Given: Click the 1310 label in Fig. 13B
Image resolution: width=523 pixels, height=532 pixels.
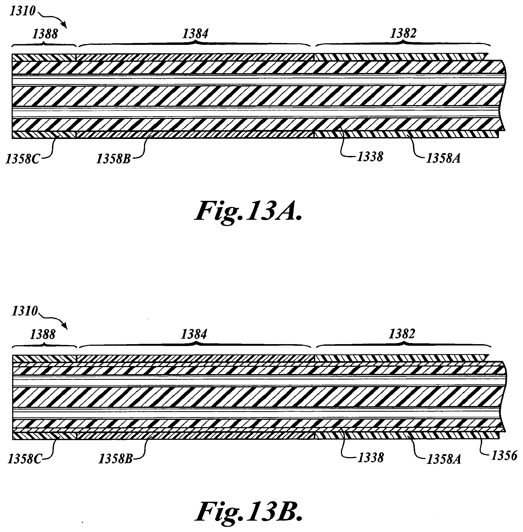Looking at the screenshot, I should (24, 311).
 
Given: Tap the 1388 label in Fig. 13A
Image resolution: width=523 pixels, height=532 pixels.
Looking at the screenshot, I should (45, 34).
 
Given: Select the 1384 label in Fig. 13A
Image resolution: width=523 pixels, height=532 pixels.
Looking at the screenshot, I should (196, 34).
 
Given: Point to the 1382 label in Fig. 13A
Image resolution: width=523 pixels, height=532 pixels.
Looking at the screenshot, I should (403, 34).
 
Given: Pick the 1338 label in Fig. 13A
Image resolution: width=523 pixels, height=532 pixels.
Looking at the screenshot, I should (370, 157).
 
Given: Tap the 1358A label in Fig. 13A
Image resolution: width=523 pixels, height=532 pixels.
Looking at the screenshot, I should (443, 159).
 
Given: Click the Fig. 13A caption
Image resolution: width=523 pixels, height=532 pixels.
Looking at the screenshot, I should (248, 211).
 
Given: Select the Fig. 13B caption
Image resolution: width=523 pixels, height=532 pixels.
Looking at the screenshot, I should (249, 511).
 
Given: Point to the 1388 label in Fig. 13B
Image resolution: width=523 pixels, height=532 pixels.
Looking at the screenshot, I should (43, 335).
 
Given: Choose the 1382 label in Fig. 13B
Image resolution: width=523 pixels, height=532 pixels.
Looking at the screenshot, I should (402, 334).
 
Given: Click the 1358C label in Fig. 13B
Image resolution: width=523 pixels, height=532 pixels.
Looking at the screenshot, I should (24, 459).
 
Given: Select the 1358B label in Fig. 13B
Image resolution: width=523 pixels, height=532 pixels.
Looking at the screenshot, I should (116, 459).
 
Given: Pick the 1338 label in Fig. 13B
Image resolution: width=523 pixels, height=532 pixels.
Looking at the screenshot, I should (370, 458).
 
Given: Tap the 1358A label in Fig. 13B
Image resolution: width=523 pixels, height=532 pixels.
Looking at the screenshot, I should (444, 459).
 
